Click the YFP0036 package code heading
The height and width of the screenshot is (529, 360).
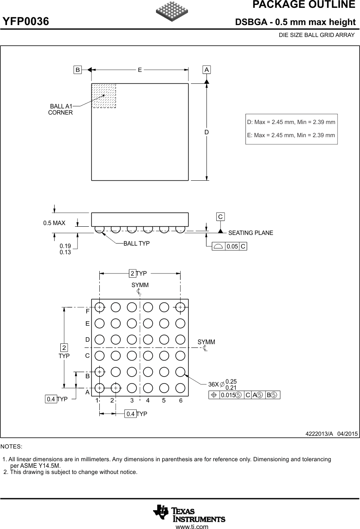tap(26, 21)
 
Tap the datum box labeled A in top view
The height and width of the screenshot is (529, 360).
tap(207, 70)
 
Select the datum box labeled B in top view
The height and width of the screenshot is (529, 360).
tap(77, 70)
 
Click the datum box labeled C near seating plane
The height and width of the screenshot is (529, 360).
tap(220, 216)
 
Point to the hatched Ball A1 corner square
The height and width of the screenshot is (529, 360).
tap(103, 96)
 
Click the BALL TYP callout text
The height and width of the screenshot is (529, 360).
tap(136, 244)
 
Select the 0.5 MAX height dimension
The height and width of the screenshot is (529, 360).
tap(54, 223)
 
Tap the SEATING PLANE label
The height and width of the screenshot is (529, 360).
tap(250, 233)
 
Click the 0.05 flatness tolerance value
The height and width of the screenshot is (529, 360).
tap(232, 246)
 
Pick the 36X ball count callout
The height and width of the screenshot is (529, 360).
tap(213, 384)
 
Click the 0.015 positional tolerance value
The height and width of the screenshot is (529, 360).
tap(227, 395)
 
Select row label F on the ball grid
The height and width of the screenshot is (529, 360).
tap(87, 312)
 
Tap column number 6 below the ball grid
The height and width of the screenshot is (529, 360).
tap(181, 400)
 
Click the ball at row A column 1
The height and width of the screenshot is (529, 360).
tap(99, 387)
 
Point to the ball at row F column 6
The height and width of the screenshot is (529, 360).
tap(180, 307)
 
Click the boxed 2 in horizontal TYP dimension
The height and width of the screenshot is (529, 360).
tap(132, 273)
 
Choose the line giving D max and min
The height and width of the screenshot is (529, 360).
tap(291, 122)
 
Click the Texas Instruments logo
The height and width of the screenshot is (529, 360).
tap(189, 513)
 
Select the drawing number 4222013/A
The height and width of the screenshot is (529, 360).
tap(319, 434)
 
